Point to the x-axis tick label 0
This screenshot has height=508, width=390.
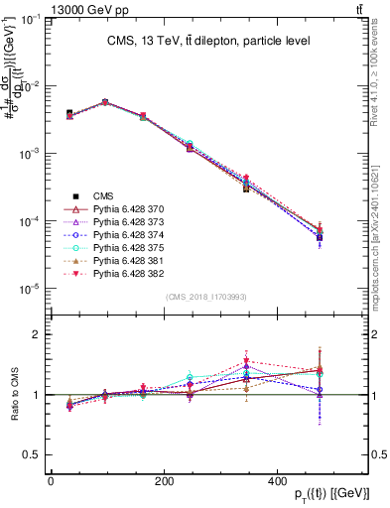coord(51,480)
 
